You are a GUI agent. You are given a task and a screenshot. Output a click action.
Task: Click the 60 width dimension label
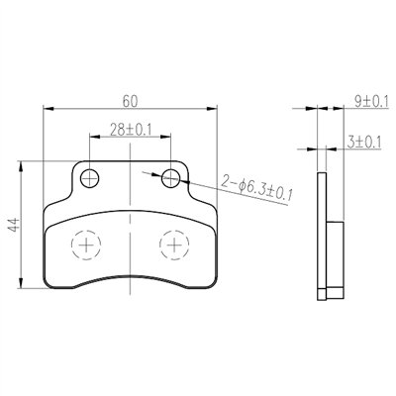click(x=130, y=101)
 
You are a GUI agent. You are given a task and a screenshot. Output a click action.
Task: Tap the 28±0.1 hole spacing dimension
click(x=131, y=130)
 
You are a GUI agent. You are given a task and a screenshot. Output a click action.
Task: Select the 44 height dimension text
click(x=15, y=226)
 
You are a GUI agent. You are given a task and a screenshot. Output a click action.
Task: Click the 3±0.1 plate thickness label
click(x=364, y=143)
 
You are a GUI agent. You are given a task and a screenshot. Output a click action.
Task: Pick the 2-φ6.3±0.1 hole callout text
click(x=256, y=188)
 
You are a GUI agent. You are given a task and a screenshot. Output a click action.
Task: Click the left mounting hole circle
click(x=90, y=178)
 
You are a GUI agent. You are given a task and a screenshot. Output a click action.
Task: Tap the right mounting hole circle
click(x=171, y=178)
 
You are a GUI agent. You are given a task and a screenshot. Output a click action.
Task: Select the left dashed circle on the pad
click(x=86, y=245)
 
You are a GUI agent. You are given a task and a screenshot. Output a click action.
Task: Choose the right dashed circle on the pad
click(x=174, y=245)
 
